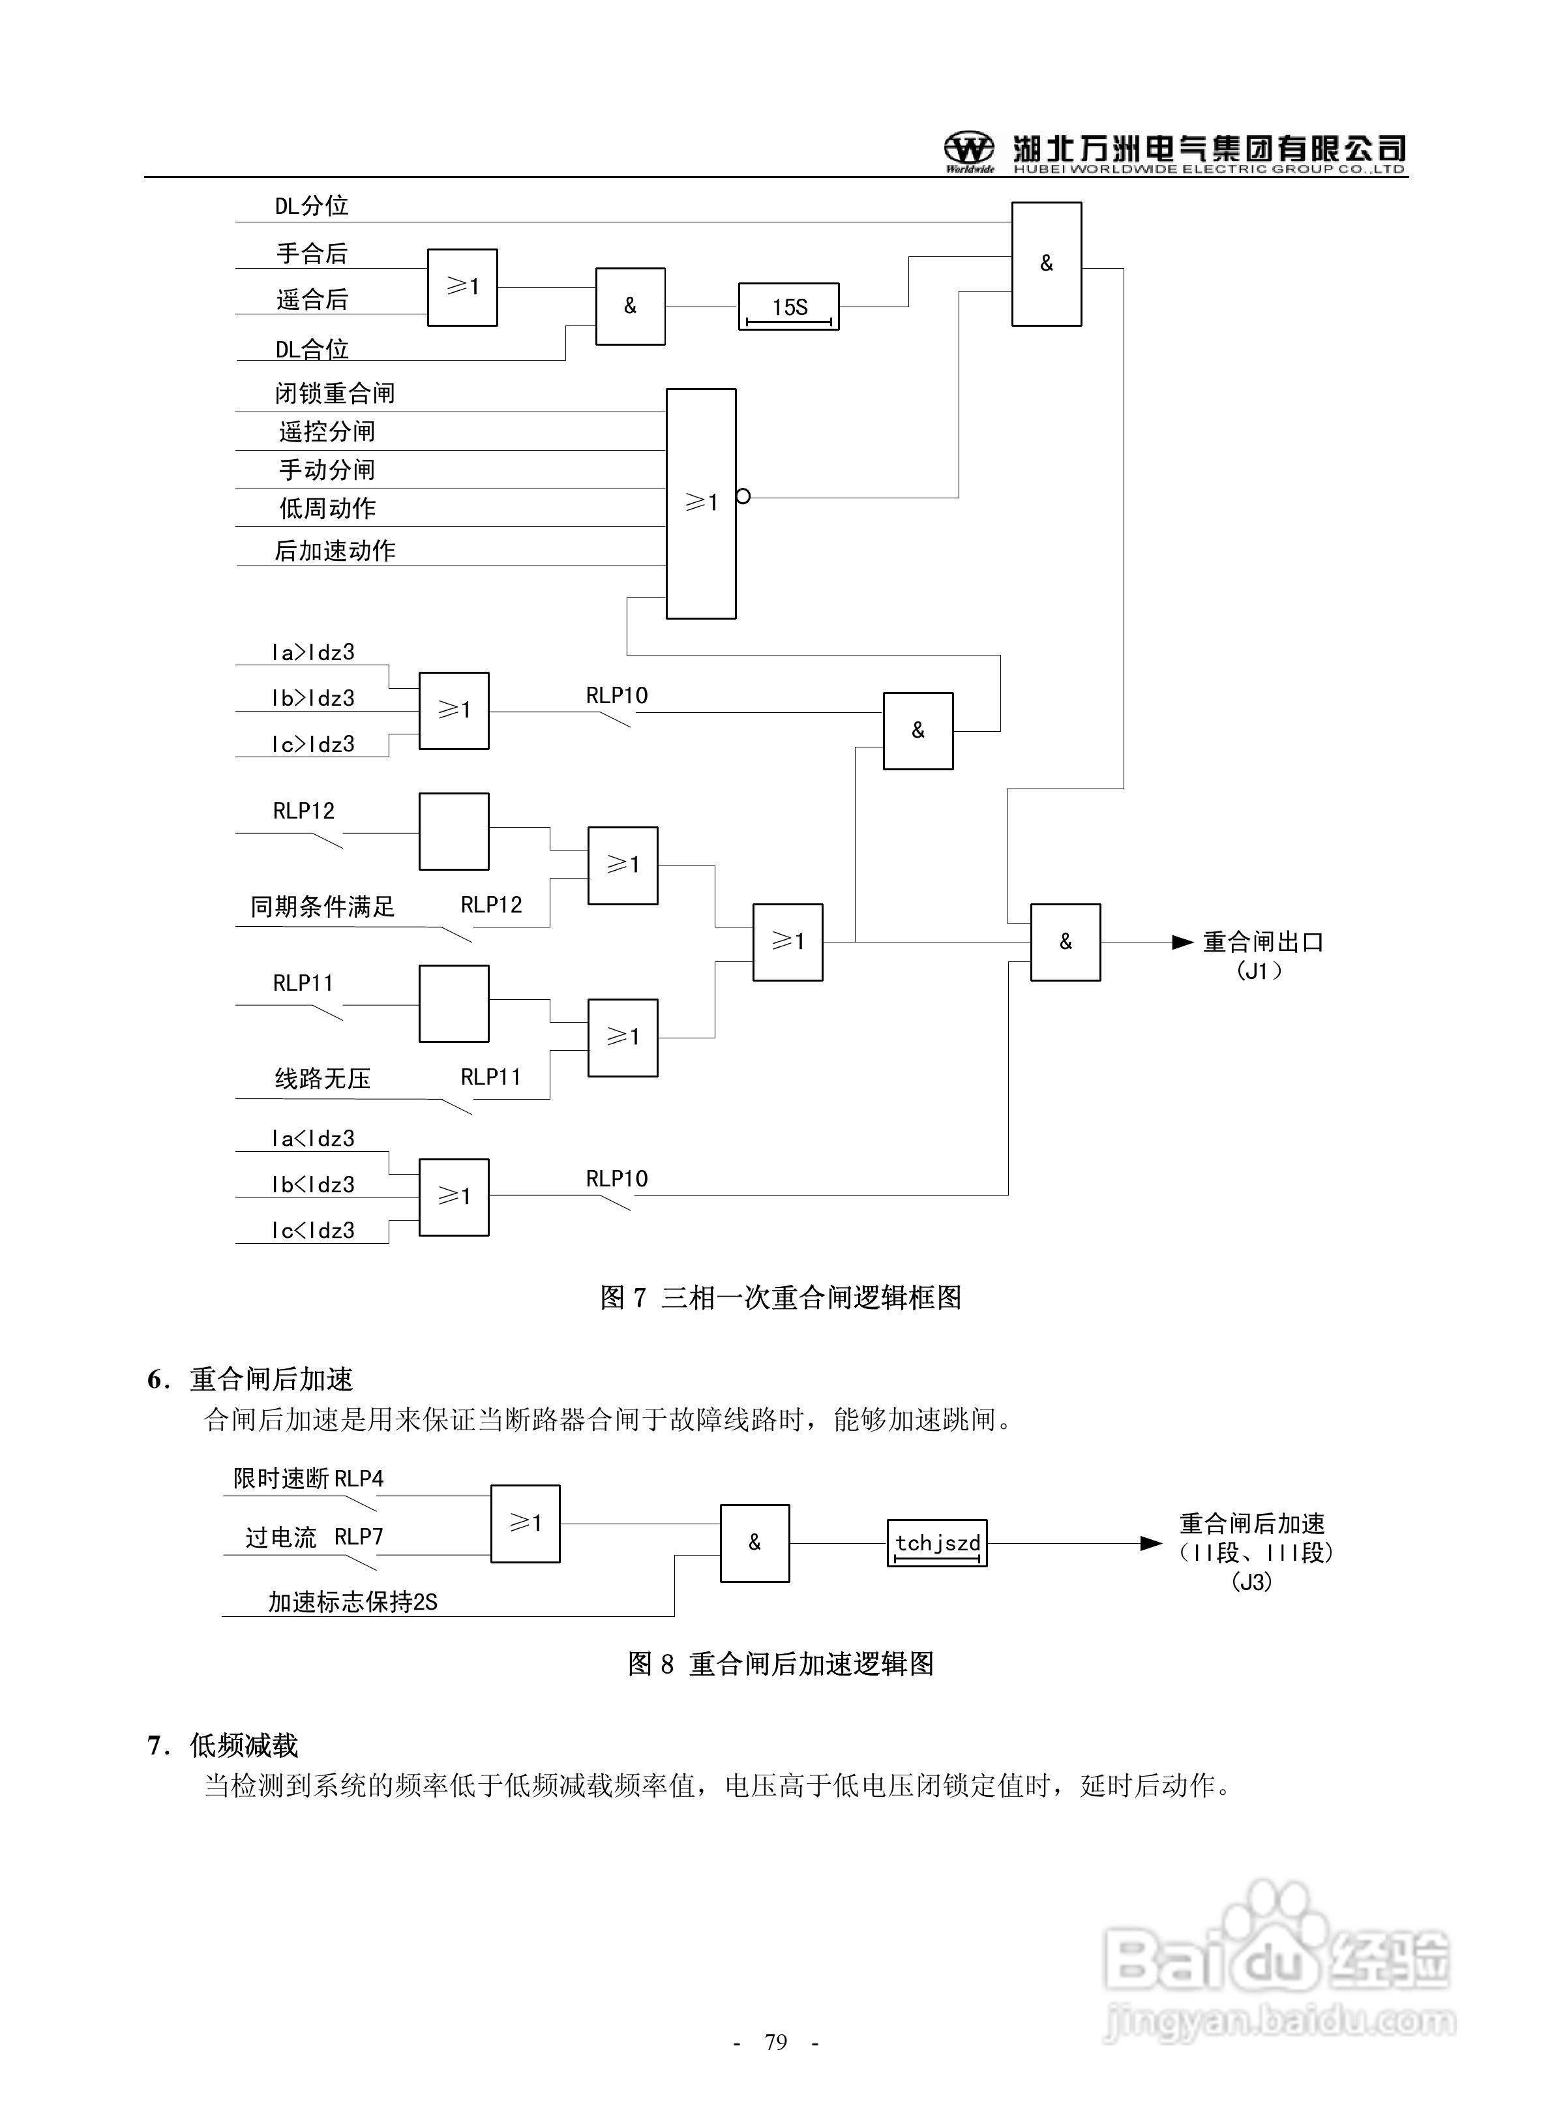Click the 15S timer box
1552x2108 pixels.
pyautogui.click(x=788, y=307)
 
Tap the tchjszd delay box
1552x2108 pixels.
pyautogui.click(x=936, y=1543)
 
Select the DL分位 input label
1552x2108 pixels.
pyautogui.click(x=311, y=205)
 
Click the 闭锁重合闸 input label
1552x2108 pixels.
pyautogui.click(x=335, y=393)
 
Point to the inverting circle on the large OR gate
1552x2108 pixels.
pyautogui.click(x=743, y=496)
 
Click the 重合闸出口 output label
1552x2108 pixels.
pyautogui.click(x=1262, y=942)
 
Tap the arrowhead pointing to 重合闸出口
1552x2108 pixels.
pyautogui.click(x=1182, y=942)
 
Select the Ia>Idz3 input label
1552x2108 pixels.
pyautogui.click(x=313, y=652)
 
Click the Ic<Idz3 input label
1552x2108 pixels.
pyautogui.click(x=313, y=1231)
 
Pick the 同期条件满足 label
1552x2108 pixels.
pyautogui.click(x=322, y=907)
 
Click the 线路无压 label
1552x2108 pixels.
pyautogui.click(x=322, y=1078)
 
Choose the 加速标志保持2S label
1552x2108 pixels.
pyautogui.click(x=352, y=1602)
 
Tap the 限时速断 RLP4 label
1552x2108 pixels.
pyautogui.click(x=308, y=1479)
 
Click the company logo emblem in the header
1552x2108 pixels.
pyautogui.click(x=968, y=149)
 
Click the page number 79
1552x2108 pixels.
pyautogui.click(x=776, y=2041)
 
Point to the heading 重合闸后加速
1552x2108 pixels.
pyautogui.click(x=271, y=1379)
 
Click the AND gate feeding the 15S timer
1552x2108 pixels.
pyautogui.click(x=631, y=307)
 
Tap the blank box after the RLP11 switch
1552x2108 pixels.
pyautogui.click(x=454, y=1003)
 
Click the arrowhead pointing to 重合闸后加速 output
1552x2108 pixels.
pyautogui.click(x=1150, y=1543)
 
